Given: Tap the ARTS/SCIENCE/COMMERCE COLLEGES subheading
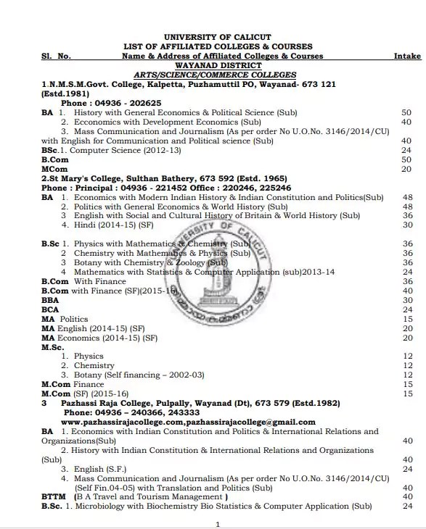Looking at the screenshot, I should point(215,75).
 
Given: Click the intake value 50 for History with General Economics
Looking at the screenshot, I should point(406,112).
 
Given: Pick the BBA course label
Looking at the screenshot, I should point(50,300).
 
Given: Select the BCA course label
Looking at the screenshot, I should point(50,309).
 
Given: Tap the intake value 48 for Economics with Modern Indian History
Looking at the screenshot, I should point(407,197).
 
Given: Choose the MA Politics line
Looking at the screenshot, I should point(65,319).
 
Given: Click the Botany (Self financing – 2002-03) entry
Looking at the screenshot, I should point(139,375).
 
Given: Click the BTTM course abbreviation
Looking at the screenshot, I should point(54,496).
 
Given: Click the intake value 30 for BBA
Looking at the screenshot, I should point(407,300).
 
